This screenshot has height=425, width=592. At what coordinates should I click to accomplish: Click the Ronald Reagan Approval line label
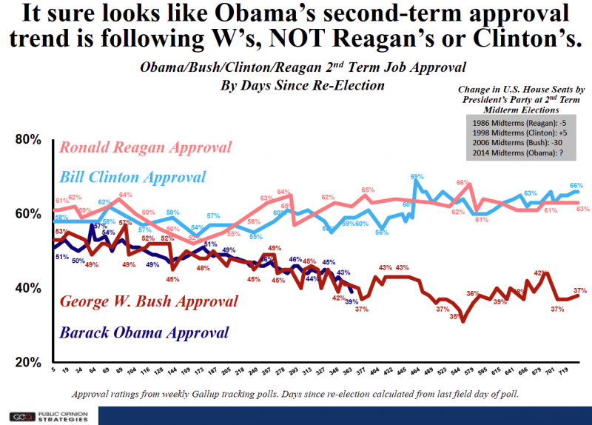click(x=146, y=147)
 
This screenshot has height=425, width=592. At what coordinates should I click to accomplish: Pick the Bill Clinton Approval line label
click(x=132, y=178)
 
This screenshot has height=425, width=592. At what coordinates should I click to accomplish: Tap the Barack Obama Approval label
click(x=145, y=333)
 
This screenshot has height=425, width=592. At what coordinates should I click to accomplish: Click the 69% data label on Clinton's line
click(x=417, y=176)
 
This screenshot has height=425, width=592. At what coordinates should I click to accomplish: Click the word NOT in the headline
click(x=351, y=38)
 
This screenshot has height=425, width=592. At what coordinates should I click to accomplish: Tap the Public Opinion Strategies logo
click(x=48, y=416)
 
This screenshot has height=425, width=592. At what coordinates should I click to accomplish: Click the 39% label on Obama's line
click(x=351, y=301)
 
